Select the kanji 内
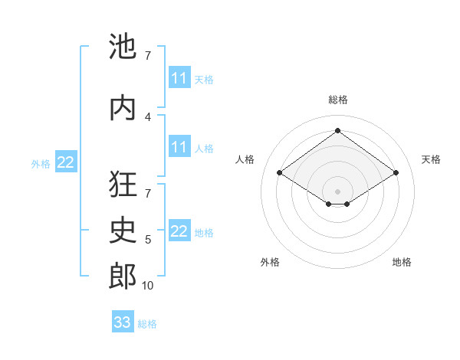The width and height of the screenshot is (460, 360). (123, 107)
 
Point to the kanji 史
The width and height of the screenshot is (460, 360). (123, 231)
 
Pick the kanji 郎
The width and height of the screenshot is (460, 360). (123, 277)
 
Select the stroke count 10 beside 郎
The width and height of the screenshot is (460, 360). (148, 286)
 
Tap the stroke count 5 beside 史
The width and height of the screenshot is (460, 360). (148, 240)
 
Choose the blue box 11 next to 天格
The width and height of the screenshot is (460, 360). (179, 78)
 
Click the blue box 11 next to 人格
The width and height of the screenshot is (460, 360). (179, 147)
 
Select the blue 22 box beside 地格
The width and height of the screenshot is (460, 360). (179, 231)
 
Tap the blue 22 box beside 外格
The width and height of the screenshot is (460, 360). (66, 162)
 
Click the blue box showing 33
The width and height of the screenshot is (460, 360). (123, 322)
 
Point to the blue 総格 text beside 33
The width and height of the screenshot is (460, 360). (147, 324)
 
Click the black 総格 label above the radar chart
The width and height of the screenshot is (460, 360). (337, 100)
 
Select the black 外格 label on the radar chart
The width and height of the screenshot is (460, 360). (270, 262)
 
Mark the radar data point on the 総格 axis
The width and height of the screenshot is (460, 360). (337, 131)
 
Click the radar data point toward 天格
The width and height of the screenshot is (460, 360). (396, 173)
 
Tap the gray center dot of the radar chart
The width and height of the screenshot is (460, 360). (337, 190)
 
